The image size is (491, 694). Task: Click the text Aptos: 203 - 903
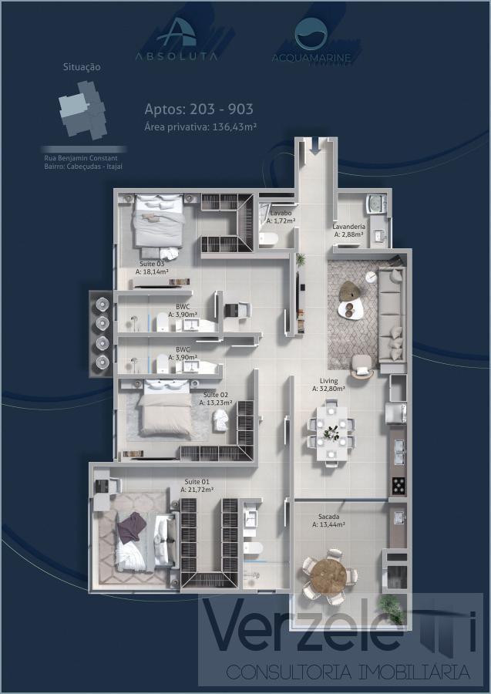coord(199,109)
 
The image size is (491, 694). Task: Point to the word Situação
coord(81,67)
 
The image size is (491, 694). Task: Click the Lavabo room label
coord(281,213)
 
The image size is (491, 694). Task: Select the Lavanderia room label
coord(348,227)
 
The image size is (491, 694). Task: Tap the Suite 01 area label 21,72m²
coord(197,489)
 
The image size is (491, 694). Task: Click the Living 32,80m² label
coord(328,386)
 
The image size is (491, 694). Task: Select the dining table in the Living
coord(331,433)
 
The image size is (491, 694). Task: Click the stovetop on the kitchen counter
coord(399,485)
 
